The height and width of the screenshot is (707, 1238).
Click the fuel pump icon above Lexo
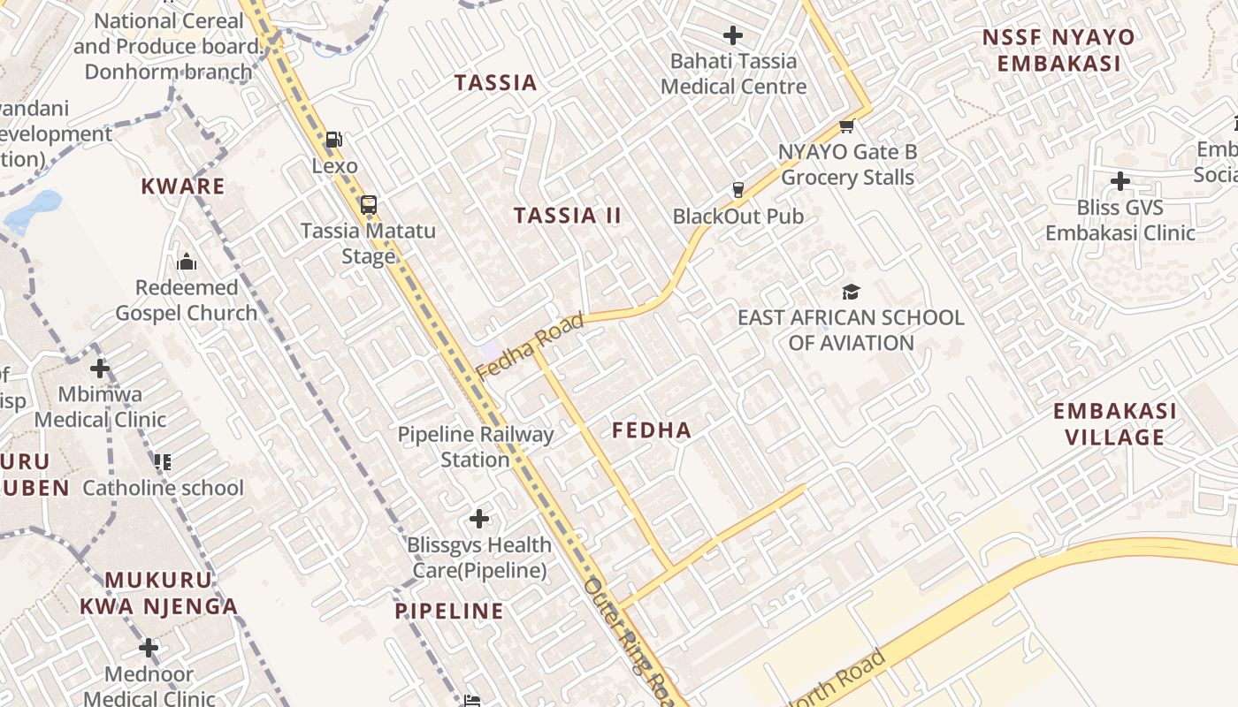tap(333, 140)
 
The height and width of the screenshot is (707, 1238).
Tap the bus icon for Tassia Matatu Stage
tap(369, 205)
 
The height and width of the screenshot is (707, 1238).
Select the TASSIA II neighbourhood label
tap(568, 216)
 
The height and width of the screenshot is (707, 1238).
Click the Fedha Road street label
tap(531, 346)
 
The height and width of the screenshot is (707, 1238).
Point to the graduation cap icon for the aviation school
tap(851, 292)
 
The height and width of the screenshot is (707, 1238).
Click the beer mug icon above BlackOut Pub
tap(737, 189)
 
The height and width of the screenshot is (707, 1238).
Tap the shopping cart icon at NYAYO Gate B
tap(846, 126)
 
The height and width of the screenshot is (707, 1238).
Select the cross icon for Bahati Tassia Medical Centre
tap(733, 35)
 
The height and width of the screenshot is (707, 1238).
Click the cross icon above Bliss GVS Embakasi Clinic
tap(1120, 181)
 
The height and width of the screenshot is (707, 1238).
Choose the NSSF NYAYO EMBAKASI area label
tap(1058, 50)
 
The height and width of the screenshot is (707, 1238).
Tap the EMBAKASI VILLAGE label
tap(1114, 424)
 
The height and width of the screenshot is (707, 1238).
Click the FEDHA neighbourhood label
tap(652, 431)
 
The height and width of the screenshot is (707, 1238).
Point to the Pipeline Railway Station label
tap(475, 447)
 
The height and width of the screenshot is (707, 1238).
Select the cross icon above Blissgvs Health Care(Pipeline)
tap(479, 518)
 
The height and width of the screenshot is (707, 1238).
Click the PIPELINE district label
tap(449, 612)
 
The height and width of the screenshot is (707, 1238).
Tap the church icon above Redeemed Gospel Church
tap(187, 262)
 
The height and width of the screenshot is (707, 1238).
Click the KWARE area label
tap(183, 186)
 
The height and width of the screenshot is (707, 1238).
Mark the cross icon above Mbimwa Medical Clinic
tap(100, 368)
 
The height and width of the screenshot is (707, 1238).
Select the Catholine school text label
tap(163, 488)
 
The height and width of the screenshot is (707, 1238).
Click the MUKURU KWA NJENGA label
tap(159, 593)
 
